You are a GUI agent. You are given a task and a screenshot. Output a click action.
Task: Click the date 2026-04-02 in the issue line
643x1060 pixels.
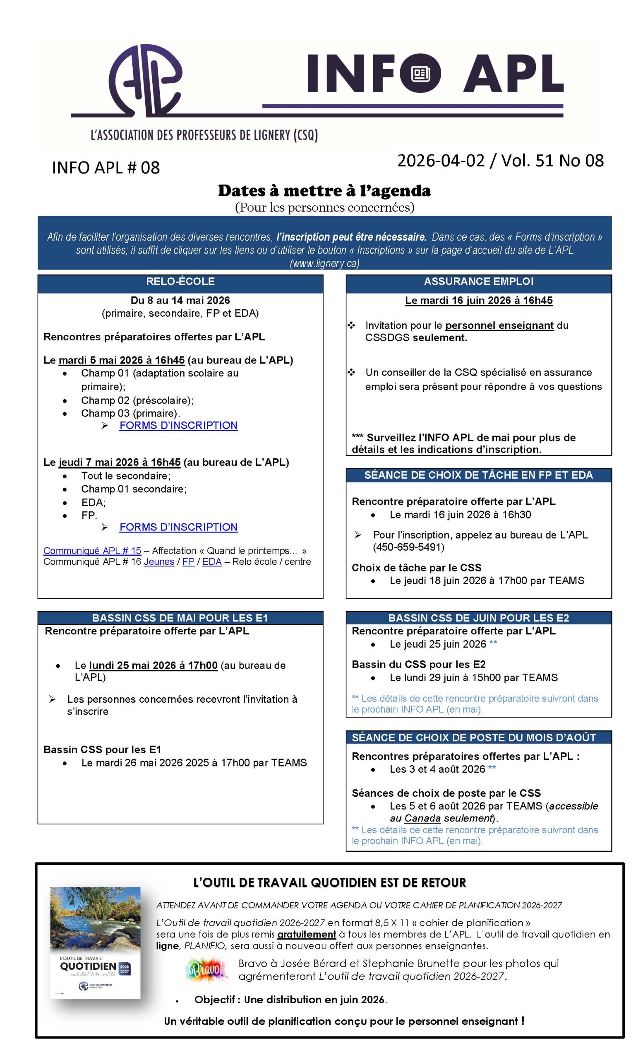click(441, 161)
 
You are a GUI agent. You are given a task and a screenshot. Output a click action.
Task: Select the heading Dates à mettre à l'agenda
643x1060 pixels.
click(324, 190)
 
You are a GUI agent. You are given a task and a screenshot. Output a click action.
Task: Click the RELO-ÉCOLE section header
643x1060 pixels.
click(180, 281)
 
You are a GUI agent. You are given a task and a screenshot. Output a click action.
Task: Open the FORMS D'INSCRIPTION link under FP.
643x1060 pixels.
click(178, 527)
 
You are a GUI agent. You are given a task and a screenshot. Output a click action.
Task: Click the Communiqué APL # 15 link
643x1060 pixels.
click(92, 551)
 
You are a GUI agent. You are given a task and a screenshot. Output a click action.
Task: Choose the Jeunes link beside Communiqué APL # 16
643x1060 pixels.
click(159, 562)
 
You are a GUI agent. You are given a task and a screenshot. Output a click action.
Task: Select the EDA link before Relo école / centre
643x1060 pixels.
click(212, 562)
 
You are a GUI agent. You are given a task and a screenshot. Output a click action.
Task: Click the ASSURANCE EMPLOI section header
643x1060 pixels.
click(478, 281)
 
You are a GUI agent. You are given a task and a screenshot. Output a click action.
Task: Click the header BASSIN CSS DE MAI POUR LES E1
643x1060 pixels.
click(180, 618)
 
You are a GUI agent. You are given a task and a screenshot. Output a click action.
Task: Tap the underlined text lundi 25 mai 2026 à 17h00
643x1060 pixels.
click(153, 665)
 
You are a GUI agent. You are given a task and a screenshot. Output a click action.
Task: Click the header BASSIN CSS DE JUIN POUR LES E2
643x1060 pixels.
click(478, 618)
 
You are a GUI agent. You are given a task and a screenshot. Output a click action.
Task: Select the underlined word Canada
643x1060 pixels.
click(422, 818)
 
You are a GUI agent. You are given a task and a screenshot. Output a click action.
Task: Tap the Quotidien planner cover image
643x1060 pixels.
click(96, 942)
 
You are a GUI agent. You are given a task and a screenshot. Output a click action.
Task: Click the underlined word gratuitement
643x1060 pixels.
click(307, 935)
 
